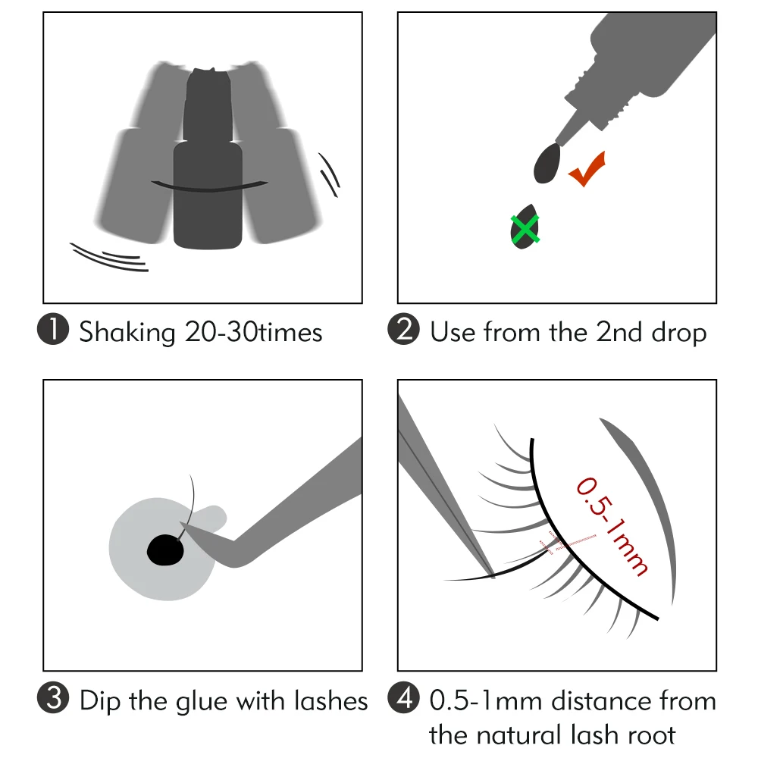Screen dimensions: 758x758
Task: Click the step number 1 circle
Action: pos(55,332)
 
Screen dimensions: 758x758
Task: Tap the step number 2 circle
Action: pos(403,332)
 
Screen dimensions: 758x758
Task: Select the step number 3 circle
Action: pos(55,700)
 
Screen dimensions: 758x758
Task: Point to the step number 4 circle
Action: pos(403,700)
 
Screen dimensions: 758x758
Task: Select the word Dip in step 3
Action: pos(101,701)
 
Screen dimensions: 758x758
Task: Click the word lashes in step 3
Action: pos(329,700)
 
